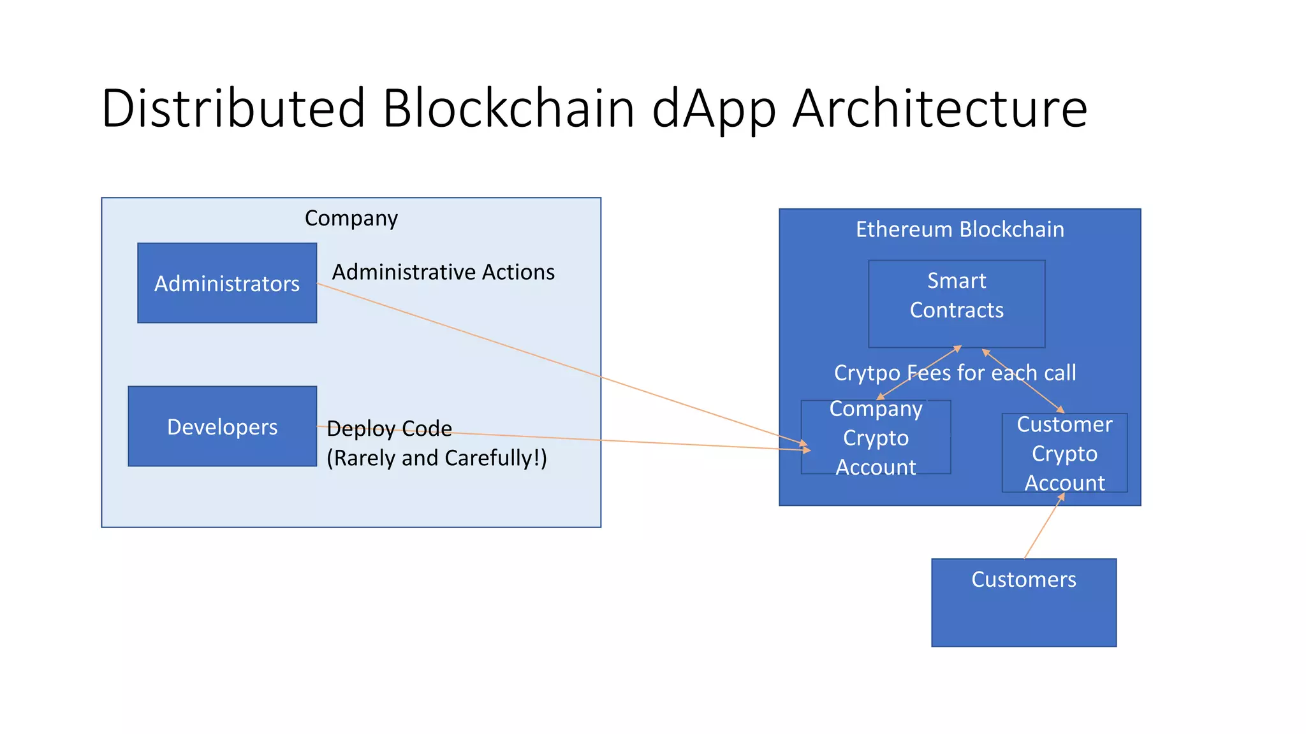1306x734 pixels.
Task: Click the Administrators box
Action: click(x=227, y=283)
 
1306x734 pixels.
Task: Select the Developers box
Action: click(x=222, y=426)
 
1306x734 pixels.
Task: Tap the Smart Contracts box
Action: click(x=957, y=303)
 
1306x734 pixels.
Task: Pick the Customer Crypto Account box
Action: click(x=1064, y=454)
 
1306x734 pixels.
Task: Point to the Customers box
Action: click(x=1024, y=603)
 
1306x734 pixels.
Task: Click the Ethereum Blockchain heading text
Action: click(x=960, y=229)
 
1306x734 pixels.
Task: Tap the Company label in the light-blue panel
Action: click(x=351, y=218)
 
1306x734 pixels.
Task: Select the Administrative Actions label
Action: click(x=443, y=272)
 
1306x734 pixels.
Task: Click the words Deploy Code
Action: click(x=389, y=429)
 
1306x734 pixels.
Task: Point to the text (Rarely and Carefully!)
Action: click(x=437, y=458)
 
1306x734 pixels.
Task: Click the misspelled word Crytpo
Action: click(x=867, y=373)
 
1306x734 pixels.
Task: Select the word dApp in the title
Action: click(x=714, y=108)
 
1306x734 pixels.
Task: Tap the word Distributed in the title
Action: click(x=233, y=108)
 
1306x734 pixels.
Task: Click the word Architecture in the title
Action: click(x=940, y=108)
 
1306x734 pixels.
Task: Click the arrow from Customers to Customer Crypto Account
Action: click(x=1044, y=527)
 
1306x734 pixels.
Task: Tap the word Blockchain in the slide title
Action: click(x=508, y=108)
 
